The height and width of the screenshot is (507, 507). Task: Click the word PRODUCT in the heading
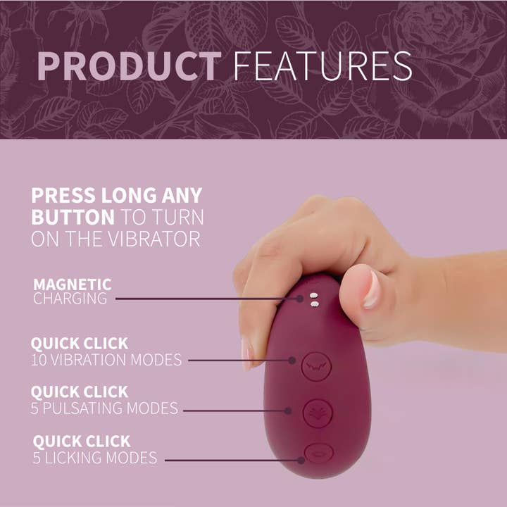pyautogui.click(x=128, y=65)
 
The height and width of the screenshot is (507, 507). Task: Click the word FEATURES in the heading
pyautogui.click(x=322, y=65)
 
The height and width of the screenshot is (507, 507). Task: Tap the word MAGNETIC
pyautogui.click(x=72, y=284)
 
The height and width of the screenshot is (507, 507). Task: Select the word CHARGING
pyautogui.click(x=70, y=299)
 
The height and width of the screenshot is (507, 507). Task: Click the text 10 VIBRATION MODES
pyautogui.click(x=106, y=360)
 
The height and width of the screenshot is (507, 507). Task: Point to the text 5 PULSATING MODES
pyautogui.click(x=104, y=408)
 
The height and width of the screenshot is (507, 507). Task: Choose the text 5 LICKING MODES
pyautogui.click(x=95, y=458)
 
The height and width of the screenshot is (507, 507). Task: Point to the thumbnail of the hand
pyautogui.click(x=371, y=289)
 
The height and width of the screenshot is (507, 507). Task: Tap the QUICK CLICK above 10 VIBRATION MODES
pyautogui.click(x=80, y=344)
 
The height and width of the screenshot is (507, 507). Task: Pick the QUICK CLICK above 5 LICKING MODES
pyautogui.click(x=82, y=442)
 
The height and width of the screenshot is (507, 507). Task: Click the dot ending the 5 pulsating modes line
pyautogui.click(x=288, y=409)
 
